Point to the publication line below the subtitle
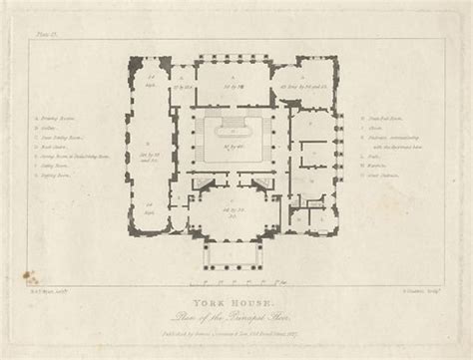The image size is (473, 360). [236, 310]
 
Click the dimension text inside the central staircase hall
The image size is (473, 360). [236, 147]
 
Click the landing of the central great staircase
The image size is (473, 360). [236, 123]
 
